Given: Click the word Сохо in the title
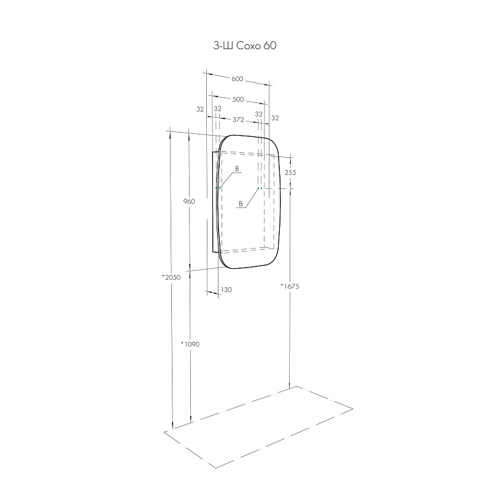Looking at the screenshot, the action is pyautogui.click(x=248, y=45).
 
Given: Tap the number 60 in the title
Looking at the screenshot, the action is pyautogui.click(x=269, y=45).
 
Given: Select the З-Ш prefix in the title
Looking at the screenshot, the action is pyautogui.click(x=223, y=45).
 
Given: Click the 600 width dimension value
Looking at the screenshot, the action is pyautogui.click(x=238, y=79).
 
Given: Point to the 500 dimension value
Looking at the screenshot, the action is pyautogui.click(x=238, y=99).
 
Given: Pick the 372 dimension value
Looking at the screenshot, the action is pyautogui.click(x=238, y=119).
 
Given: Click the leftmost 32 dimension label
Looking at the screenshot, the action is pyautogui.click(x=200, y=109).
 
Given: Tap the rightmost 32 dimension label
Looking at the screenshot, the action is pyautogui.click(x=275, y=118).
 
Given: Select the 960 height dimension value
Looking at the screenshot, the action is pyautogui.click(x=189, y=201).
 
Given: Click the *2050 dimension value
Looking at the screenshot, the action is pyautogui.click(x=171, y=277).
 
